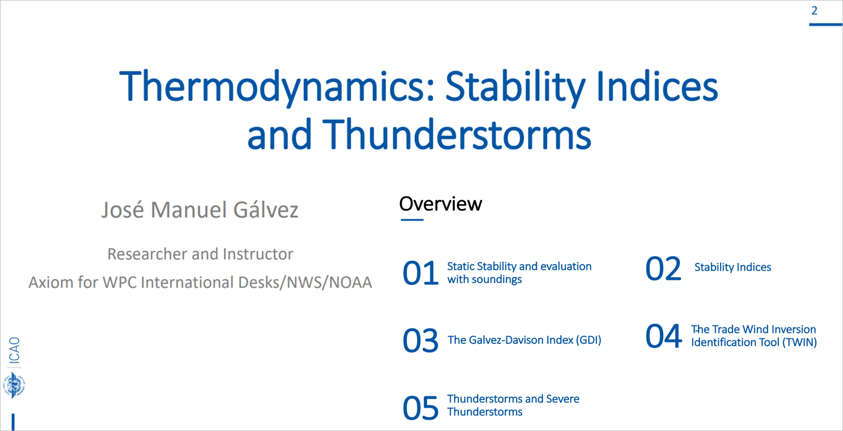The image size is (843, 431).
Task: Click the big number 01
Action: pos(420,273)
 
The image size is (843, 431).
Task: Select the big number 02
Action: pos(663,268)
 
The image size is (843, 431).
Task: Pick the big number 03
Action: pos(420,341)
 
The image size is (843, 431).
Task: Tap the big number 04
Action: pos(664,336)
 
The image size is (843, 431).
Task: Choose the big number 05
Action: pos(420,408)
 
